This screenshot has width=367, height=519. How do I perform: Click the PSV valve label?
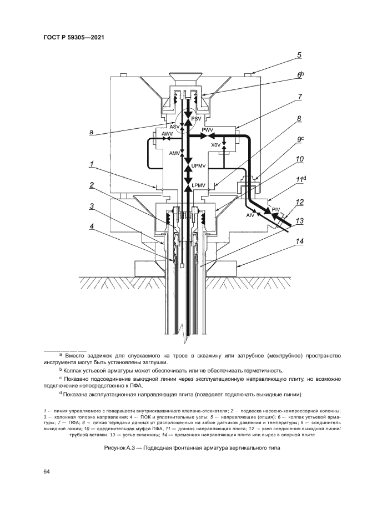click(x=197, y=119)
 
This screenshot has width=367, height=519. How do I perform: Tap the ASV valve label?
click(x=175, y=127)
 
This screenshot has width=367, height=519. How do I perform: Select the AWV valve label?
click(x=167, y=135)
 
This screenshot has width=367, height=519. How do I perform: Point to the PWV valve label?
click(x=208, y=130)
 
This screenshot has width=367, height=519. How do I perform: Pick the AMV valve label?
click(x=175, y=153)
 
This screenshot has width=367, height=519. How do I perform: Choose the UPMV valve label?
click(x=199, y=166)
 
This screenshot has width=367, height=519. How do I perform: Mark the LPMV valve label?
click(x=199, y=185)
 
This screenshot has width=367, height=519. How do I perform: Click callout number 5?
click(x=299, y=55)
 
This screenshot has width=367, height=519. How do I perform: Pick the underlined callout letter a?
click(x=91, y=132)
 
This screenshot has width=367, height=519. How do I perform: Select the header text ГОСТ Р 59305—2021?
click(x=74, y=37)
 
